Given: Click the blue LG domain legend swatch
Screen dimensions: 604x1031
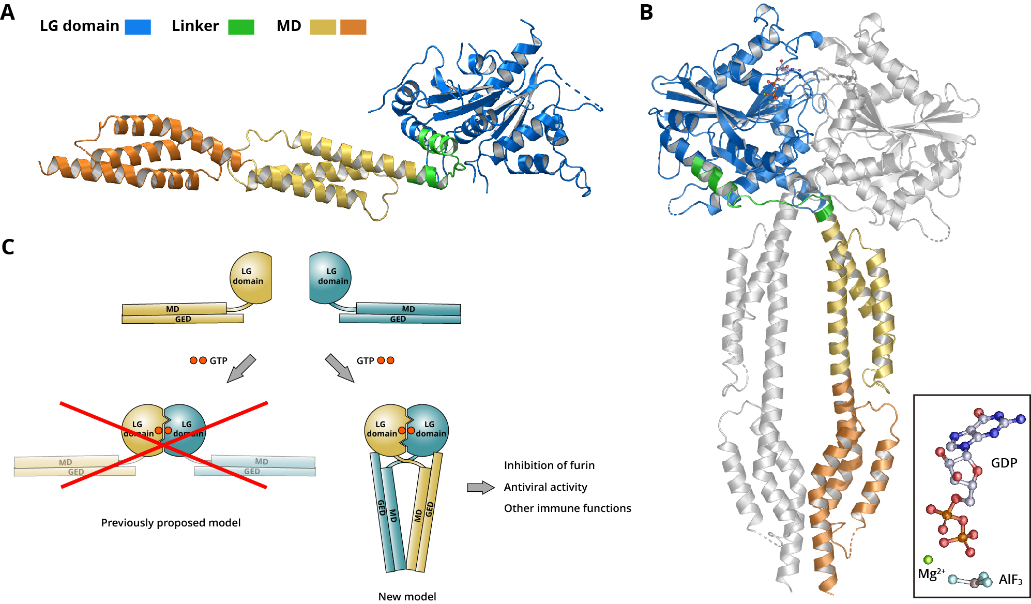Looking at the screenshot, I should (x=138, y=27).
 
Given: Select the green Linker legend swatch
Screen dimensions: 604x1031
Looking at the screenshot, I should (x=241, y=27).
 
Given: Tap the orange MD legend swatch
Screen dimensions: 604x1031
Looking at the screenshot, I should (x=353, y=27).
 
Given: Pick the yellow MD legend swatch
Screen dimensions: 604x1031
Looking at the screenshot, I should (x=323, y=27).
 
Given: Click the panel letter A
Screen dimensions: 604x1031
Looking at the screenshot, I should (x=8, y=12).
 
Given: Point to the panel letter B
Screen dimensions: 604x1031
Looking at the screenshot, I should (x=646, y=13).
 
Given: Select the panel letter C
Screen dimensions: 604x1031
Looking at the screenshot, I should (x=8, y=247).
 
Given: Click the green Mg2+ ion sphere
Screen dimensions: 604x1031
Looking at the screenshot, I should (x=928, y=560).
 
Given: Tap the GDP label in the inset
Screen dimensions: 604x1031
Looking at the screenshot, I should (x=1004, y=463).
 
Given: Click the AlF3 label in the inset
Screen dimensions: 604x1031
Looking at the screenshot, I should (x=1010, y=580).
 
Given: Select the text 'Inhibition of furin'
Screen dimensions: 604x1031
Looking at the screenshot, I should (x=549, y=465).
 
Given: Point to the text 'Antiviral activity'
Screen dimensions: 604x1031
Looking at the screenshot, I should (x=545, y=487).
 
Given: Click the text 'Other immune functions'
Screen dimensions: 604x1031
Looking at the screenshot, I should (x=567, y=508).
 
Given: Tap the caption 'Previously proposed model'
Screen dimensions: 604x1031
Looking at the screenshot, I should (x=171, y=523).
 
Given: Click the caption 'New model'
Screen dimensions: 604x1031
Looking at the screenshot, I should (x=407, y=596).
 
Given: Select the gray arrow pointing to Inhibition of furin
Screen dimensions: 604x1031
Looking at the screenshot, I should (x=480, y=488).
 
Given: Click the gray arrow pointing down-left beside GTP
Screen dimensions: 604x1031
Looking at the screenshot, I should (x=241, y=368).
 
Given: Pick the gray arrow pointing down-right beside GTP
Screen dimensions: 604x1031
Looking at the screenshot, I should (x=340, y=368).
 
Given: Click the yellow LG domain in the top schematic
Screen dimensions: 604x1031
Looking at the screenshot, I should (x=250, y=277).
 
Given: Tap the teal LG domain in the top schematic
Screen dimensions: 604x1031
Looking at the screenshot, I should (x=330, y=277).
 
